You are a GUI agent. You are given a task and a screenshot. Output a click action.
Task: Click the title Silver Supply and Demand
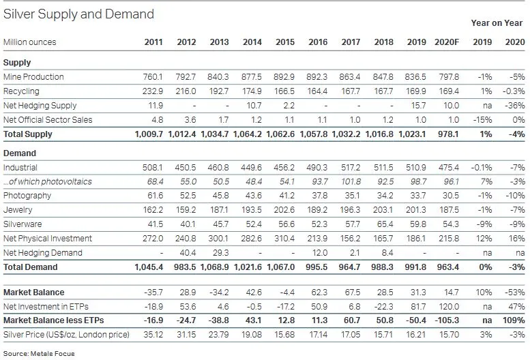click(x=79, y=14)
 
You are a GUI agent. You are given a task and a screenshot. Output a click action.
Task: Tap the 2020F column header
click(x=447, y=42)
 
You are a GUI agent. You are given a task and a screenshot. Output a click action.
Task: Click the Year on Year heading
click(x=497, y=23)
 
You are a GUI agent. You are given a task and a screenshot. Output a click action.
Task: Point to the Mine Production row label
click(x=33, y=77)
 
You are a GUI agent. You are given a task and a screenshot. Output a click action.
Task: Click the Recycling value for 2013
click(x=220, y=91)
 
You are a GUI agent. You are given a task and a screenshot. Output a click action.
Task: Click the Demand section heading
click(x=20, y=153)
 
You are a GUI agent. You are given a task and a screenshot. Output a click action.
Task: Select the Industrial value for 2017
click(x=351, y=168)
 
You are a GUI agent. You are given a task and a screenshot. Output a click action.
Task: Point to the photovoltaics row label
click(x=47, y=182)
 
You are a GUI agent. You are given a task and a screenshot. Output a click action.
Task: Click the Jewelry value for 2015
click(x=285, y=211)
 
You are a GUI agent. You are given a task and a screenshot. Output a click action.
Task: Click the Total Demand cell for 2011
click(x=149, y=267)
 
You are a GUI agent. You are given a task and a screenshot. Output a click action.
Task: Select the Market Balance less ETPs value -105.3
click(x=447, y=320)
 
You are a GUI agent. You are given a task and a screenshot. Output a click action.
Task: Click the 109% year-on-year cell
click(x=514, y=320)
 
